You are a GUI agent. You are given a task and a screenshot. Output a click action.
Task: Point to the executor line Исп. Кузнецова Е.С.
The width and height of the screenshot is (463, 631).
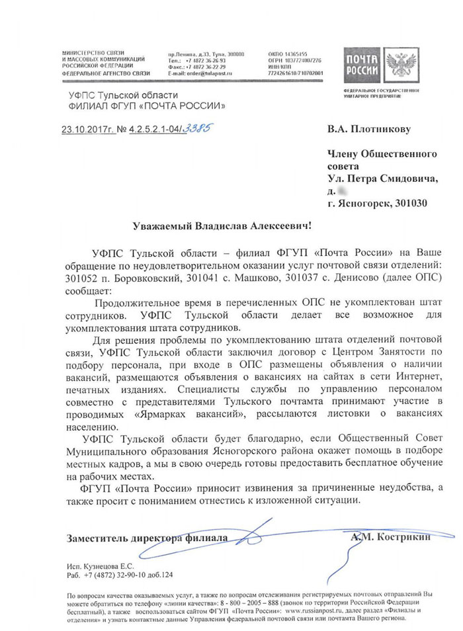100,567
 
